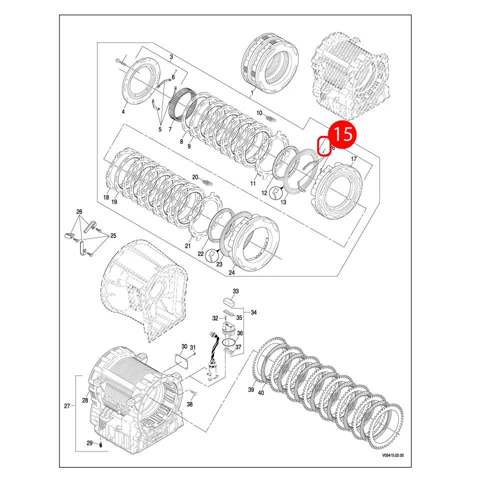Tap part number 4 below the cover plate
[x=123, y=111]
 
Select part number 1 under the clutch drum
[x=252, y=93]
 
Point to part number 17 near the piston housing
[x=353, y=159]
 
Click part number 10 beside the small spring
[x=259, y=112]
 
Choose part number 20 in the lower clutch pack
[x=195, y=177]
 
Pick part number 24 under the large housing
[x=231, y=272]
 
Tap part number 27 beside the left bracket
[x=67, y=406]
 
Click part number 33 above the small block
[x=235, y=291]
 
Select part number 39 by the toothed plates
[x=251, y=389]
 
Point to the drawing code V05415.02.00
[x=392, y=455]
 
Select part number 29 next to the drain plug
[x=89, y=443]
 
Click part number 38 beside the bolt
[x=189, y=404]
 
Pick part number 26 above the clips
[x=79, y=211]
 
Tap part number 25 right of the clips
[x=113, y=235]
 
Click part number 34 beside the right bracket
[x=253, y=313]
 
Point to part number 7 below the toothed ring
[x=170, y=129]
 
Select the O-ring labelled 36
[x=228, y=343]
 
